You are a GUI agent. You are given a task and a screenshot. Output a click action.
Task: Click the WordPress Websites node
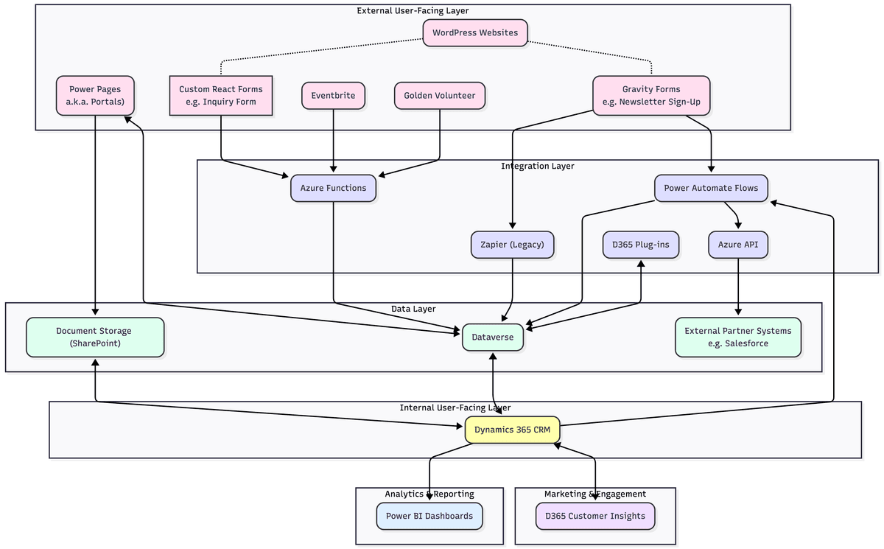tap(475, 32)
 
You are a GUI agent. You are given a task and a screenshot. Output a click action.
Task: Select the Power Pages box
tap(95, 95)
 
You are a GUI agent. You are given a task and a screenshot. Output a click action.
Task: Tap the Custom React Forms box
tap(221, 95)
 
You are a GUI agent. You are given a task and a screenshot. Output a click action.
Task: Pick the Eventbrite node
tap(333, 96)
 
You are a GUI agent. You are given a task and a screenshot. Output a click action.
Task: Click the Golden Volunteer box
tap(440, 96)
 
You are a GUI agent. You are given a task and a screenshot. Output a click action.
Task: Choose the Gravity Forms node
tap(651, 95)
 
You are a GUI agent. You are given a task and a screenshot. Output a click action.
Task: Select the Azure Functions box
tap(333, 188)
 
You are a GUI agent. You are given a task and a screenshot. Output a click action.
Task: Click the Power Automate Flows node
tap(711, 188)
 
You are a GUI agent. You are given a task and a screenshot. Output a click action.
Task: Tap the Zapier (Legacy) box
tap(512, 245)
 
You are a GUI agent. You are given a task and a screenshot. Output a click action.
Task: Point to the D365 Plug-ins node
tap(641, 245)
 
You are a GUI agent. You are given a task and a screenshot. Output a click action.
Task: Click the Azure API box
tap(738, 245)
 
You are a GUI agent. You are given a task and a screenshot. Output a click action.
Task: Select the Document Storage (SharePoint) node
tap(95, 337)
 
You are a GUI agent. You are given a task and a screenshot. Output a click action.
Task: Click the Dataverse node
tap(493, 337)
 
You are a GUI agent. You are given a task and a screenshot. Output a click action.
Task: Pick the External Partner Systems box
tap(737, 337)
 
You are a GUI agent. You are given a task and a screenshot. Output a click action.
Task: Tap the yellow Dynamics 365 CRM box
tap(512, 430)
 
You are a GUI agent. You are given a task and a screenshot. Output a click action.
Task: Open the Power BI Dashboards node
tap(429, 516)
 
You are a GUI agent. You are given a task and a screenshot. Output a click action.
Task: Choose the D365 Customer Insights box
tap(594, 516)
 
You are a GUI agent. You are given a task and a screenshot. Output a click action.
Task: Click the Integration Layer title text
tap(538, 166)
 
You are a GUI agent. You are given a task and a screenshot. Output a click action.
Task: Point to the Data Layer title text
tap(413, 309)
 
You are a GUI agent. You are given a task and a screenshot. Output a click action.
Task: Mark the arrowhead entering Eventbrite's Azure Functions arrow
tap(334, 170)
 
